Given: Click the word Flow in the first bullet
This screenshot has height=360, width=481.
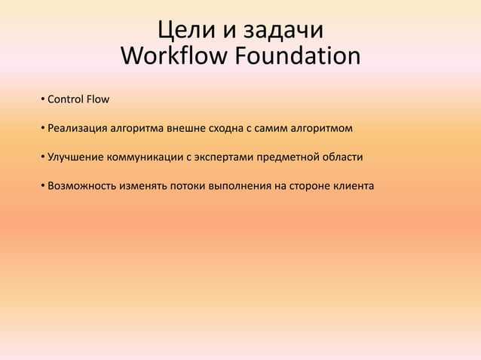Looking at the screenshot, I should (x=98, y=99).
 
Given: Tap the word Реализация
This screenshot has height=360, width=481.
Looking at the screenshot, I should (x=78, y=129).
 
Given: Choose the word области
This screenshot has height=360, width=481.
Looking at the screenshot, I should (x=343, y=157).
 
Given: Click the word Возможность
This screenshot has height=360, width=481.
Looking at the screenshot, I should (x=81, y=186).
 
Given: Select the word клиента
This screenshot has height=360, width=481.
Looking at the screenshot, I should (x=353, y=186).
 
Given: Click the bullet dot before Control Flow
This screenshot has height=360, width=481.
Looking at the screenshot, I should (x=42, y=99).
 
